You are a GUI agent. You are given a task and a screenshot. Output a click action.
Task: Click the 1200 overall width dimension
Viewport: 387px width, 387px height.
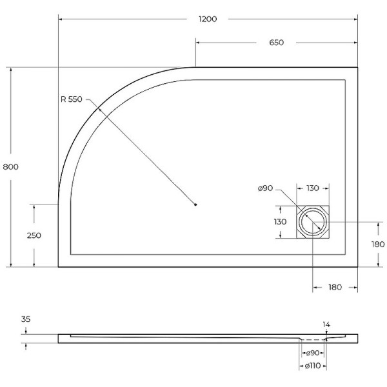(208, 19)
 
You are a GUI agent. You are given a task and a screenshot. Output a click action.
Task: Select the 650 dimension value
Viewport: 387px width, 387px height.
(276, 43)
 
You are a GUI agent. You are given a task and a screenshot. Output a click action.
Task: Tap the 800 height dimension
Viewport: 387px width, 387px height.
(11, 166)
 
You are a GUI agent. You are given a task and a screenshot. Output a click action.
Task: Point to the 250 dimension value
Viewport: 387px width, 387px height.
(34, 235)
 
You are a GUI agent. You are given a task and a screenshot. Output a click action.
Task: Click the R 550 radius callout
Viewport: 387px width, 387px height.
(72, 99)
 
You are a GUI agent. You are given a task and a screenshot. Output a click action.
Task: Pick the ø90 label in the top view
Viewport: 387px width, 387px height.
(266, 188)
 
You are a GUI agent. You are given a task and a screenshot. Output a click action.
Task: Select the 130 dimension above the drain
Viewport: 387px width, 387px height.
(313, 188)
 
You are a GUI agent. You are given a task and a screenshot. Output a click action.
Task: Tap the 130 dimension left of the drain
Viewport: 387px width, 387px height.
(280, 221)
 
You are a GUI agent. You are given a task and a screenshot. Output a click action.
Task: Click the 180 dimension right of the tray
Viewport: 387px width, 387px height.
(377, 244)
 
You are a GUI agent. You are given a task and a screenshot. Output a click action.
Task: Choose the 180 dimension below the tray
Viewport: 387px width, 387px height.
(335, 287)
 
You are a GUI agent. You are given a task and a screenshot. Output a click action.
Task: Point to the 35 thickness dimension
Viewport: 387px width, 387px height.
(26, 319)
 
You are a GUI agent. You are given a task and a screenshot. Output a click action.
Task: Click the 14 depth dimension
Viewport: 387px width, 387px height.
(326, 324)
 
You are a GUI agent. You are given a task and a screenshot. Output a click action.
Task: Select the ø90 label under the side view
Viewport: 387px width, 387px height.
(313, 353)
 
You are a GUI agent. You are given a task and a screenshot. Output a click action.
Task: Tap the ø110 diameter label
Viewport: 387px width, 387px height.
(313, 366)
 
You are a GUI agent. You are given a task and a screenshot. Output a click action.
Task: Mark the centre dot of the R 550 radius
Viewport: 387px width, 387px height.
(195, 205)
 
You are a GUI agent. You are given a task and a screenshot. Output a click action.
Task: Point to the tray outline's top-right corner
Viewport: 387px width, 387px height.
(358, 67)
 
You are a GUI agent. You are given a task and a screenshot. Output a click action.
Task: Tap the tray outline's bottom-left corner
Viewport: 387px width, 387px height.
(59, 267)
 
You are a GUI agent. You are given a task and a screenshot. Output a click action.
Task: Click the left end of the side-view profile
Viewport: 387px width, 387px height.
(59, 337)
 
